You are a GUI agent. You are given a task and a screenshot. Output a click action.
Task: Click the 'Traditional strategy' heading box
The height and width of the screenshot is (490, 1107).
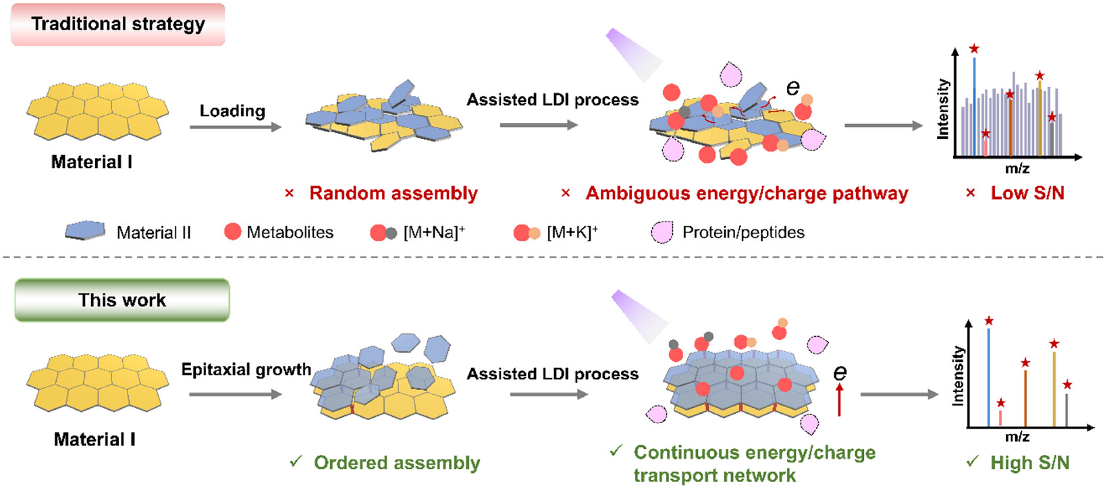coord(118,25)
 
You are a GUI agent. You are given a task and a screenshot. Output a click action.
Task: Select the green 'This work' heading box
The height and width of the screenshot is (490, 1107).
coord(122,300)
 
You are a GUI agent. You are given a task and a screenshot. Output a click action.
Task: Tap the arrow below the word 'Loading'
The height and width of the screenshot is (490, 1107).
coord(235,127)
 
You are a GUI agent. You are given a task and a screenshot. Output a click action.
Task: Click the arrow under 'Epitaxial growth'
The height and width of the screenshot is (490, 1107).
coord(235,394)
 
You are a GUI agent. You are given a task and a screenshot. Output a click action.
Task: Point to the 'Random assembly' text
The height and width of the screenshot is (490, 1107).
coord(394,193)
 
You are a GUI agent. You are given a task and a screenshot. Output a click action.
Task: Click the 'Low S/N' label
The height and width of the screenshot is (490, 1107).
coord(1027,193)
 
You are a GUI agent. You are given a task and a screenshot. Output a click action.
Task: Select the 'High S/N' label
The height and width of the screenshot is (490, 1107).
coord(1030,463)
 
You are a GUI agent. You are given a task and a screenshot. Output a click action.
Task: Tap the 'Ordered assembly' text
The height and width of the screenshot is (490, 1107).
coord(397,463)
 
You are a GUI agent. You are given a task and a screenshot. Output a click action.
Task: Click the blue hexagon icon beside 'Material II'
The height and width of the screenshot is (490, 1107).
coord(86,231)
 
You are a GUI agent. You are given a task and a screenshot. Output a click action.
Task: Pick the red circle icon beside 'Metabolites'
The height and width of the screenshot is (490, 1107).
coord(232,232)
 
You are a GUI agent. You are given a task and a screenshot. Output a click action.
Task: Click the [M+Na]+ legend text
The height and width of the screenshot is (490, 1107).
coord(434,232)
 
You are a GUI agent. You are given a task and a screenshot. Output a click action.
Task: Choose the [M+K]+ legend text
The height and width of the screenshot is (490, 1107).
coord(572,232)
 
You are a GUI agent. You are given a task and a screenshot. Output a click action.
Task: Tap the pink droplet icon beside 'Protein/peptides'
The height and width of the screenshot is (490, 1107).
coord(662,232)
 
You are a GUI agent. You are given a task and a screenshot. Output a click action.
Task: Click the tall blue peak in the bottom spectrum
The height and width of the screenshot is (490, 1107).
coord(988,377)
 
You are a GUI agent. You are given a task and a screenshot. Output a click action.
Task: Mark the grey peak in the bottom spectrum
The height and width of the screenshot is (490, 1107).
coord(1066,410)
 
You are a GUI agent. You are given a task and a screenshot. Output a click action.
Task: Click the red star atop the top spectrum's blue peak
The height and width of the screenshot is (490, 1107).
coord(974,49)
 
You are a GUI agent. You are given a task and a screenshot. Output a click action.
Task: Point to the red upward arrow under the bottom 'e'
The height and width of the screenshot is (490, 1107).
coord(839,400)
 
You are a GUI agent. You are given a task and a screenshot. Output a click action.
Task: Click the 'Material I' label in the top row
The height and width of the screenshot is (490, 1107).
coord(92,162)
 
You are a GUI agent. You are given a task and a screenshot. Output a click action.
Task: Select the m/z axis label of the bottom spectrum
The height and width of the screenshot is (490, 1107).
coord(1017,437)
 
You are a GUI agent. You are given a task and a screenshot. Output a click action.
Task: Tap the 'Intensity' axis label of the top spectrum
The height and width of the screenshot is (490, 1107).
coord(944,109)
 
